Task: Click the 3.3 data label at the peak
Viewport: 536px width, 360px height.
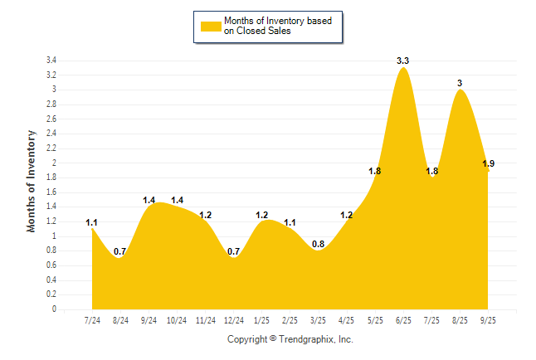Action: click(x=403, y=61)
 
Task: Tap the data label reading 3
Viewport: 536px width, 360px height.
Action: click(x=460, y=83)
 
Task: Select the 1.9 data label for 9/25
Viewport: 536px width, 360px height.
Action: click(x=489, y=163)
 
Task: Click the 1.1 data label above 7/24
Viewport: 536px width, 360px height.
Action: click(x=92, y=222)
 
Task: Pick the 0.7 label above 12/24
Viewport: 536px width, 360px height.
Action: click(x=234, y=251)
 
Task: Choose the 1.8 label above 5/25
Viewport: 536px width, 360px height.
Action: click(x=375, y=171)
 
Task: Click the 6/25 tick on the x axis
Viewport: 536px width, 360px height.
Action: click(x=404, y=319)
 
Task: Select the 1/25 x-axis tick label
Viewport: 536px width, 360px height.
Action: click(x=262, y=319)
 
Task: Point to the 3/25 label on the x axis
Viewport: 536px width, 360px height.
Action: click(x=319, y=319)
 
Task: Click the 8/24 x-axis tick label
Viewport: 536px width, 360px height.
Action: click(x=120, y=319)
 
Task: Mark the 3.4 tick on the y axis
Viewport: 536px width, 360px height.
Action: click(x=51, y=61)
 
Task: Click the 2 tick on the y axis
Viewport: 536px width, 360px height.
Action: click(x=54, y=163)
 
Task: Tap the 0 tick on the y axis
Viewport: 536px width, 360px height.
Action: click(x=54, y=309)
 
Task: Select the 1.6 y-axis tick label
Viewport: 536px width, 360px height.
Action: click(x=51, y=192)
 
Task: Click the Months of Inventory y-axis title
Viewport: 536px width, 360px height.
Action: click(x=32, y=180)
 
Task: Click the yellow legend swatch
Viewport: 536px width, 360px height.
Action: click(x=210, y=26)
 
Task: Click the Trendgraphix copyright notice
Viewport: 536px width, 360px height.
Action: click(x=290, y=339)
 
